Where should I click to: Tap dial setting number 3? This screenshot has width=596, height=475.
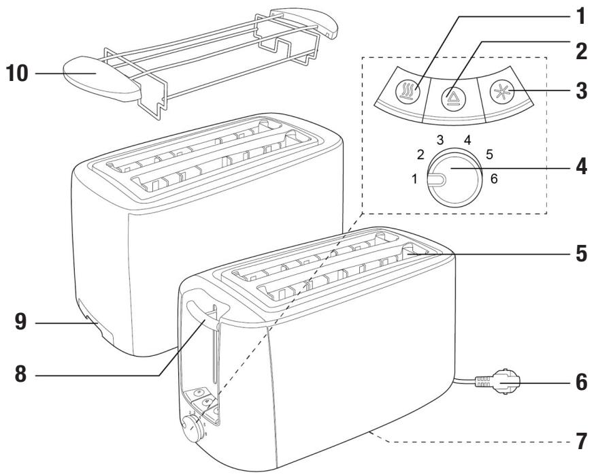point(440,140)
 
